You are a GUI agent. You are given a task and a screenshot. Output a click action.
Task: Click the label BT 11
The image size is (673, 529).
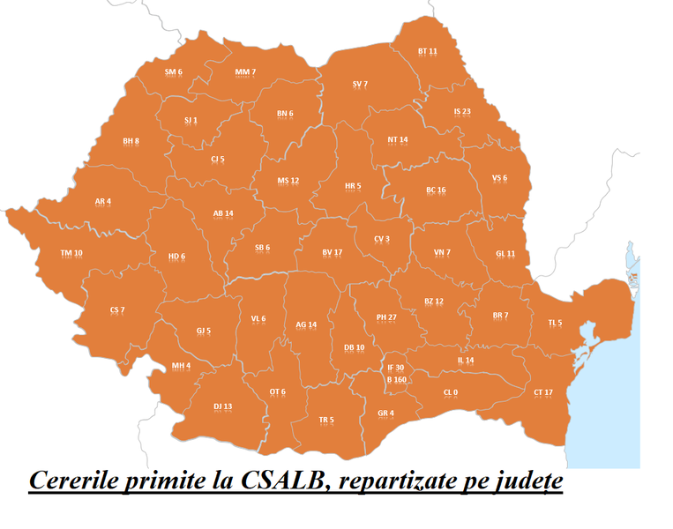[x=428, y=52]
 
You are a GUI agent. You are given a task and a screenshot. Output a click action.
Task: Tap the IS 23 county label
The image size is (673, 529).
[x=462, y=112]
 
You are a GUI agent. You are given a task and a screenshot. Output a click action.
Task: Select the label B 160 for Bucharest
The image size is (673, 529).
[x=397, y=380]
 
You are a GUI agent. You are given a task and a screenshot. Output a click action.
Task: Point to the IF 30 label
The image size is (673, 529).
[x=395, y=368]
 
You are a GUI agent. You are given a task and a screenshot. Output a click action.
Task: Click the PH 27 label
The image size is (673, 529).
[x=386, y=317]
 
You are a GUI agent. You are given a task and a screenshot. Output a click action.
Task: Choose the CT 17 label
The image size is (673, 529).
[x=543, y=391]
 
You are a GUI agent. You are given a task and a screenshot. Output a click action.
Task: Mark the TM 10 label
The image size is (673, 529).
[x=71, y=253]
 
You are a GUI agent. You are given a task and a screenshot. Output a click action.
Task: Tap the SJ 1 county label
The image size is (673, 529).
[x=191, y=120]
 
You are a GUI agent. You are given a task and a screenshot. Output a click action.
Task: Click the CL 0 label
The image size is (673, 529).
[x=451, y=392]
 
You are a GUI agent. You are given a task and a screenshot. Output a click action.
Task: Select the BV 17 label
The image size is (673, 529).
[x=332, y=252]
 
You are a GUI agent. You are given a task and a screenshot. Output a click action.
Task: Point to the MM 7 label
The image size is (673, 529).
[x=245, y=71]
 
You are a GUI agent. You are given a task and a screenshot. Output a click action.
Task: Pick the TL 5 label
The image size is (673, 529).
[x=555, y=324]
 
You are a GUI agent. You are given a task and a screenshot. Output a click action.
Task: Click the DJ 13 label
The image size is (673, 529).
[x=222, y=406]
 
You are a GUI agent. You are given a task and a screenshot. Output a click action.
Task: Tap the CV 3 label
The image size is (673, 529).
[x=381, y=239]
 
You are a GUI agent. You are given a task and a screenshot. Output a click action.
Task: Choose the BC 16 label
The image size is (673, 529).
[x=436, y=190]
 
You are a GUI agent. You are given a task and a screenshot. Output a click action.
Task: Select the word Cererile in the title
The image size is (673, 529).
[x=70, y=482]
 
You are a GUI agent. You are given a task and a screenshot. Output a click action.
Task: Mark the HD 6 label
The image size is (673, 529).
[x=176, y=257]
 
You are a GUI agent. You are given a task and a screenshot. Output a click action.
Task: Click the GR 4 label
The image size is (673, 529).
[x=385, y=414]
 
